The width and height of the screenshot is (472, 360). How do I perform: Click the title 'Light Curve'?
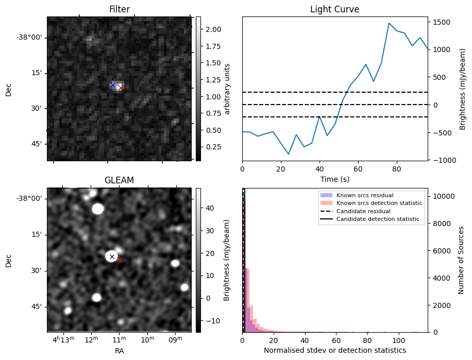tap(334, 9)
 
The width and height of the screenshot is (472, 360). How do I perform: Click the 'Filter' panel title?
tap(119, 9)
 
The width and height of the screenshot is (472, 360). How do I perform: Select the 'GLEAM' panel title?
tap(119, 180)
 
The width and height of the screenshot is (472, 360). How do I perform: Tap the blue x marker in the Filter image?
tap(113, 85)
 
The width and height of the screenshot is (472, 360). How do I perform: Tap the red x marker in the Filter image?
tap(120, 88)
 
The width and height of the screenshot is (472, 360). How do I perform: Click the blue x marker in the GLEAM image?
tap(112, 256)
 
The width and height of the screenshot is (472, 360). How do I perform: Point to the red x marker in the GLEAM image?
tap(119, 260)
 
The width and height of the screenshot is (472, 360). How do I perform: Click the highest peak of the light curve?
tap(389, 23)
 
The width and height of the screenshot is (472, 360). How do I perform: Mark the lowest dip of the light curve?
tap(289, 154)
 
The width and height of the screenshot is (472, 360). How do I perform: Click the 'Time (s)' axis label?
tap(334, 178)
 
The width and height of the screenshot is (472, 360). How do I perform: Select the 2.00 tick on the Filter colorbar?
tap(212, 29)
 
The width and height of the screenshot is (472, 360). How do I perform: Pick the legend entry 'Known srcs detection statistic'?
tap(379, 203)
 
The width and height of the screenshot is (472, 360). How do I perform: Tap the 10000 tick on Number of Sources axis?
tap(443, 196)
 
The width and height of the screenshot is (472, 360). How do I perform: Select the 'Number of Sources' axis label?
tap(462, 260)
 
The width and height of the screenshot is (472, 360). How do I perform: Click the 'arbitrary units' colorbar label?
tap(228, 89)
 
